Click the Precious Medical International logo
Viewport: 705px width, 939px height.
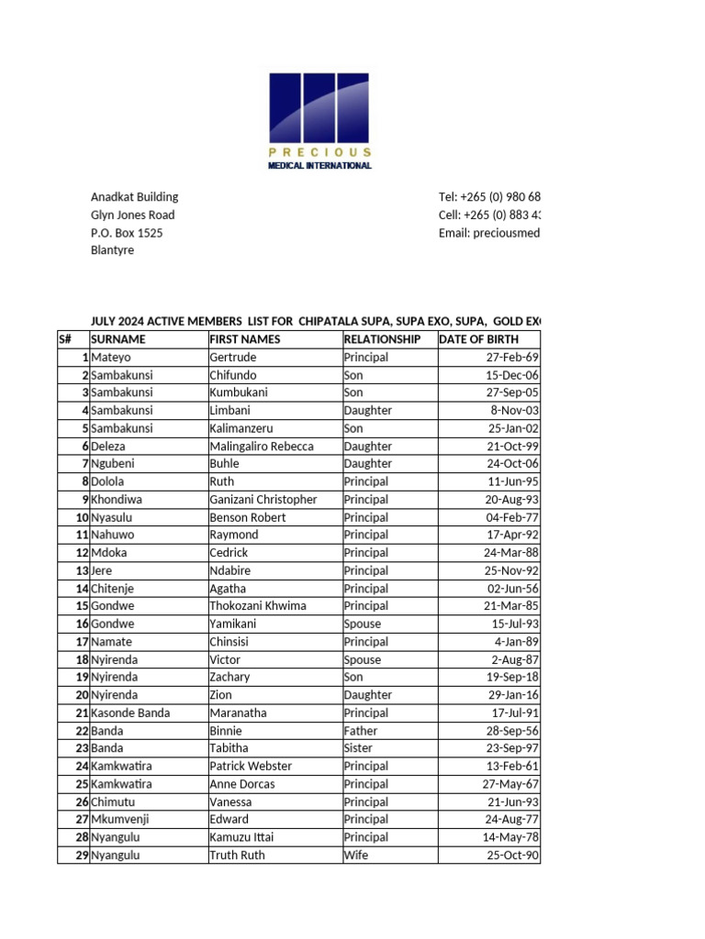click(319, 120)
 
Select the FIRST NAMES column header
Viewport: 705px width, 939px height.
click(245, 339)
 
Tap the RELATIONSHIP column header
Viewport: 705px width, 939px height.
click(382, 339)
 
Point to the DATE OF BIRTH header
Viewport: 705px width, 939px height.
click(478, 339)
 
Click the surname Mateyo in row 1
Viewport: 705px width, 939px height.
click(110, 358)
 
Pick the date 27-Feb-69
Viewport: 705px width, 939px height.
click(512, 358)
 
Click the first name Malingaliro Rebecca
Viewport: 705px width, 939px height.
click(262, 447)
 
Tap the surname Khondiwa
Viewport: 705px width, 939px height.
click(117, 500)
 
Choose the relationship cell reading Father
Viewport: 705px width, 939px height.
click(361, 731)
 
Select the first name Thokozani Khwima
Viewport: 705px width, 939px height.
click(258, 606)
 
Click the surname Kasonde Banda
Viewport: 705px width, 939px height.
click(129, 713)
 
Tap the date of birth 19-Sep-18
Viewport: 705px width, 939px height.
click(512, 678)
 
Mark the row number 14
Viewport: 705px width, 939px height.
click(81, 589)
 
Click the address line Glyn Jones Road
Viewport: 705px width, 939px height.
click(132, 215)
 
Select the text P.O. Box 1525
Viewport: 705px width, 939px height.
click(127, 233)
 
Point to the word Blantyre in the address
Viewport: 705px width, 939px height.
click(112, 250)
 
